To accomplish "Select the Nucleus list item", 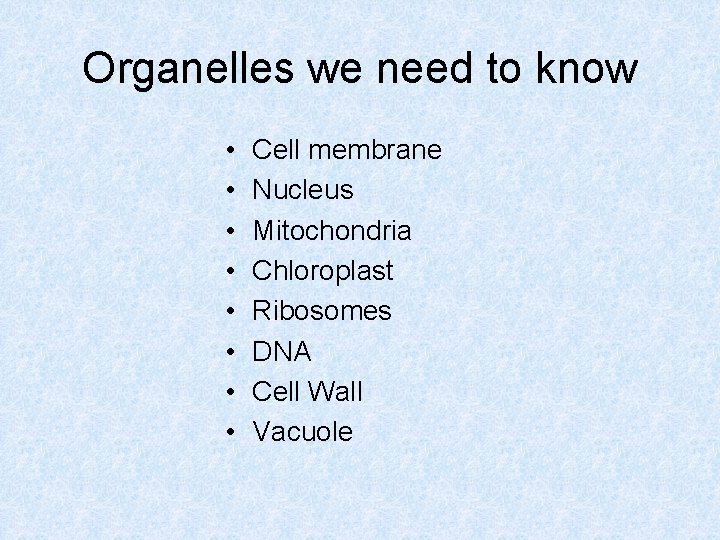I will coord(303,190).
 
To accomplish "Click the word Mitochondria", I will coord(331,230).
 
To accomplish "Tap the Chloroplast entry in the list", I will coord(323,271).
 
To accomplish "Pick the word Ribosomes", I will coord(321,311).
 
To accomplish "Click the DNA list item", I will coord(281,352).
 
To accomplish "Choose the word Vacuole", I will coord(302,432).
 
